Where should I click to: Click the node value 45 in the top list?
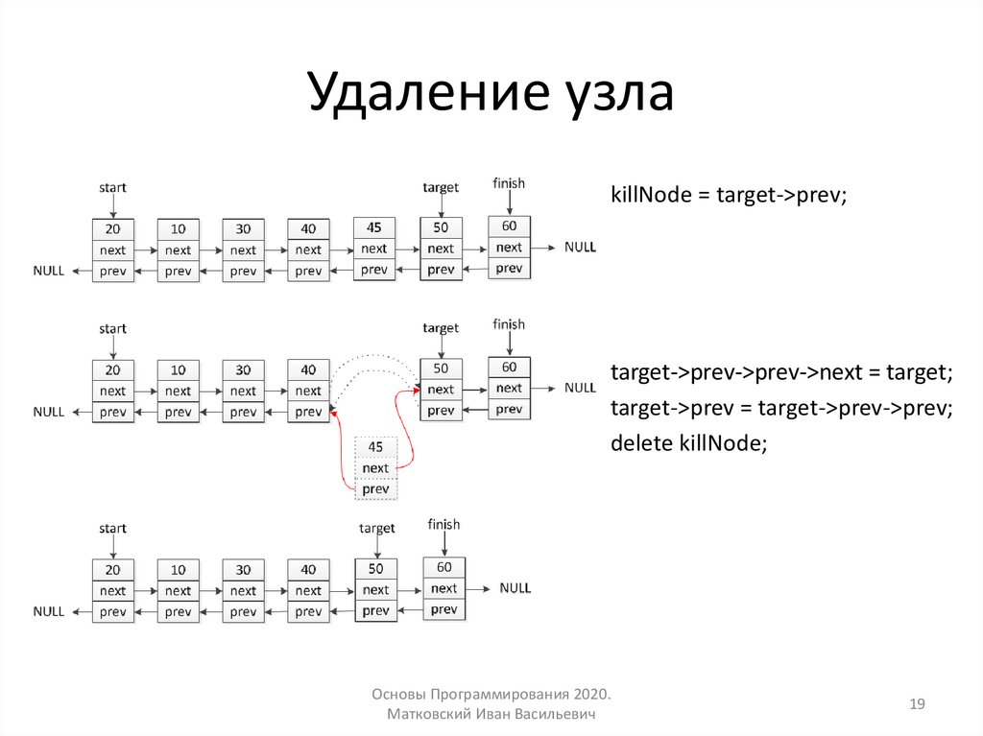374,227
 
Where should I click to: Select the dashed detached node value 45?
375,447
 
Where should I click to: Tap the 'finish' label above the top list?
509,183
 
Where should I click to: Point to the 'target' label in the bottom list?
376,528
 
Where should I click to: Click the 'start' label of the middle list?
112,328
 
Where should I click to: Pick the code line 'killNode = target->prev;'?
730,194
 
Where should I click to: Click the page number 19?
917,705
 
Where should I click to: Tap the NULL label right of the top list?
580,247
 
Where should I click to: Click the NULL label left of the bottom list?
49,611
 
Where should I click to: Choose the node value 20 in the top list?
113,229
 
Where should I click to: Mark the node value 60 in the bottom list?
444,567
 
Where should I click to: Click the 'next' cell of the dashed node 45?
375,468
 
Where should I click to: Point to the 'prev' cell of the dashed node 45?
375,489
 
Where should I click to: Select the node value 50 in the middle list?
441,368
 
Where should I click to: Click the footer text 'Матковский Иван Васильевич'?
491,716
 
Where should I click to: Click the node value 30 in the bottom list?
243,570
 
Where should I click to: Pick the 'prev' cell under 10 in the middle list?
178,413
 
